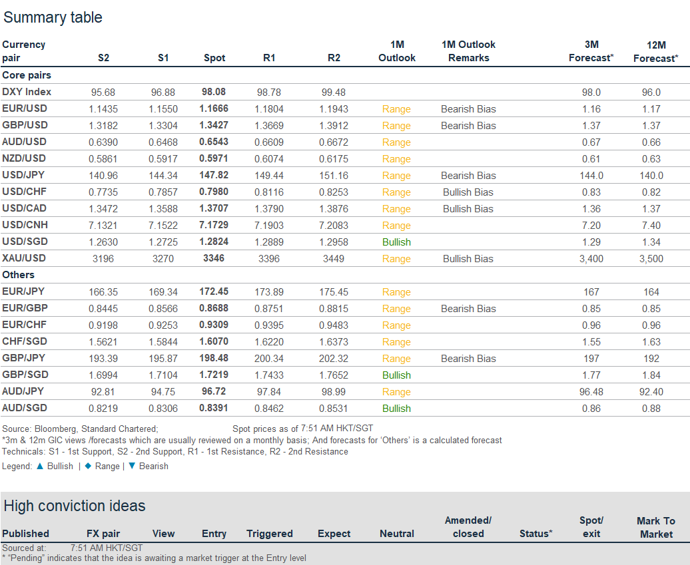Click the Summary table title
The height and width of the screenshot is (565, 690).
click(x=53, y=17)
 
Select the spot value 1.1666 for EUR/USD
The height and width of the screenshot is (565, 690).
click(x=214, y=108)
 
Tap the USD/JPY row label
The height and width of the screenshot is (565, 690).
click(x=25, y=175)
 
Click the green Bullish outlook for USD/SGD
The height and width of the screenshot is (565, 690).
click(x=396, y=242)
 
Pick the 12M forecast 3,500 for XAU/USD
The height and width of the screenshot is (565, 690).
click(x=651, y=258)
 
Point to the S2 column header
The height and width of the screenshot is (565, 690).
click(x=103, y=58)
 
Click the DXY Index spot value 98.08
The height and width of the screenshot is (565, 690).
click(x=214, y=92)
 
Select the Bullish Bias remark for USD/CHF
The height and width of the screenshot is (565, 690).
click(x=468, y=192)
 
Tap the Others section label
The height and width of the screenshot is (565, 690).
click(x=18, y=274)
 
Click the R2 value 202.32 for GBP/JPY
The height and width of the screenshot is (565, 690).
click(x=334, y=358)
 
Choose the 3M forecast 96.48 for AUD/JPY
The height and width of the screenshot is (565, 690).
click(x=591, y=391)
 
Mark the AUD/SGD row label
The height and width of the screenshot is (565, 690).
click(x=25, y=408)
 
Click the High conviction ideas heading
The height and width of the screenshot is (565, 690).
click(x=74, y=506)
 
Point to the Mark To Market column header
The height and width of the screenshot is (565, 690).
click(x=656, y=527)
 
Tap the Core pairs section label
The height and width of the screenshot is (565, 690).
click(x=27, y=75)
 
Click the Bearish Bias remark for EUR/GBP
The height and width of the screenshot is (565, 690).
click(x=468, y=308)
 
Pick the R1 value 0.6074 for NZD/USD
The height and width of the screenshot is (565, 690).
click(x=269, y=158)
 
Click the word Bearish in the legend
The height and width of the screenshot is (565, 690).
click(x=153, y=466)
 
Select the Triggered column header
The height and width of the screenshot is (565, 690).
click(x=269, y=534)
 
